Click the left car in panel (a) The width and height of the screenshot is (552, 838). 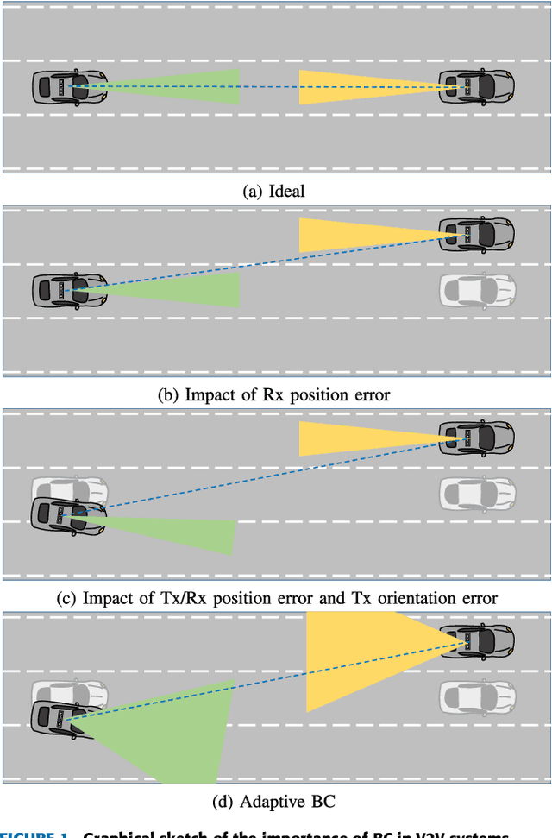(70, 87)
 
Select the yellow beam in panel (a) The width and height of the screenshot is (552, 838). (345, 87)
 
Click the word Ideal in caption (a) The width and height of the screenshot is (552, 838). (286, 192)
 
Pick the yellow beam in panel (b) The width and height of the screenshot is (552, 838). (345, 236)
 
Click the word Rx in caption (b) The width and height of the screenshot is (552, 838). (272, 395)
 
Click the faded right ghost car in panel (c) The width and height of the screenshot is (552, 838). (477, 494)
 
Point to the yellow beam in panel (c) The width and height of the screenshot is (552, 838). (345, 438)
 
